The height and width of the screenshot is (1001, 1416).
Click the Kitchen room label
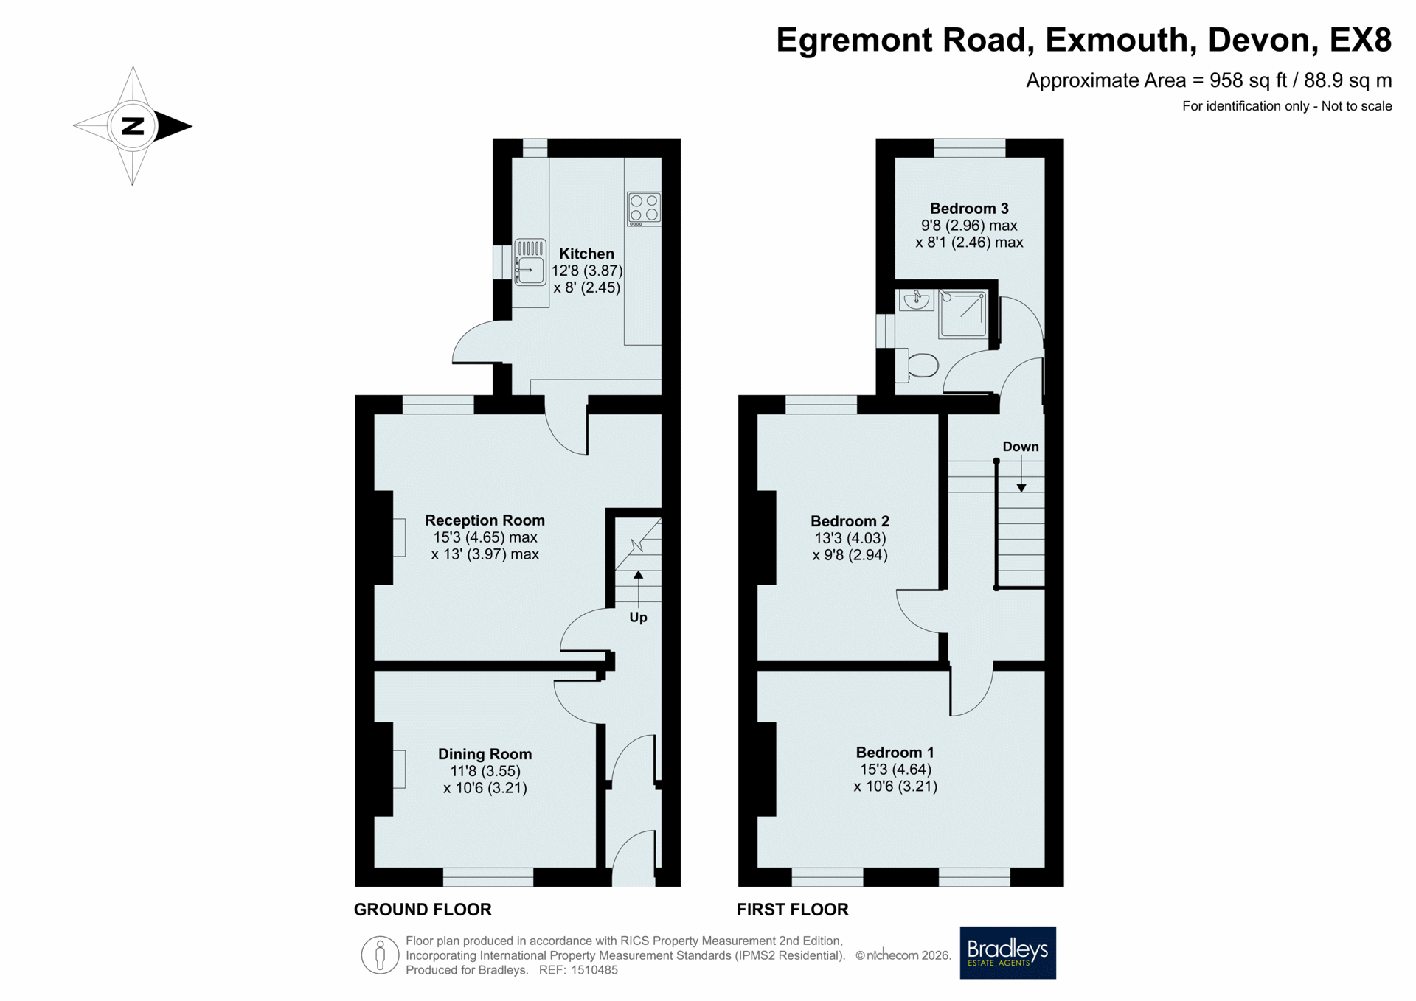click(x=586, y=254)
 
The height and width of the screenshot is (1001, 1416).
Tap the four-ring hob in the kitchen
click(x=644, y=209)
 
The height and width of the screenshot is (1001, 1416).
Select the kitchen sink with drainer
click(x=530, y=262)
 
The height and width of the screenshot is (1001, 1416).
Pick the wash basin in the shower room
click(x=916, y=300)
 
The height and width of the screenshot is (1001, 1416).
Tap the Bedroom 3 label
click(x=969, y=209)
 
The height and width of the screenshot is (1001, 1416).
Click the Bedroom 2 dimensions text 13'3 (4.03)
click(x=850, y=538)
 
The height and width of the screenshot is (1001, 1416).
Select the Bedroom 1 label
click(x=895, y=753)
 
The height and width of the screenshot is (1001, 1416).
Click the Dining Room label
click(x=485, y=754)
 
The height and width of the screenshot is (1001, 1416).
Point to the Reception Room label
click(x=485, y=520)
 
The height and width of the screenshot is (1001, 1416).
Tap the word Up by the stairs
click(x=638, y=618)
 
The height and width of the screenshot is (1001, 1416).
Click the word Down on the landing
click(x=1021, y=447)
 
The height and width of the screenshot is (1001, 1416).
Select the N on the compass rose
click(x=133, y=126)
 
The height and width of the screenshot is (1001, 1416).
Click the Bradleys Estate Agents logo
click(x=1007, y=952)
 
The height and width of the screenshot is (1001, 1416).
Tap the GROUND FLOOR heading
click(x=423, y=910)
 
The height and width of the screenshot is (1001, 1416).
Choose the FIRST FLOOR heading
click(x=793, y=910)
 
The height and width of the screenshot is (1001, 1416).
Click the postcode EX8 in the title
click(x=1360, y=40)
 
